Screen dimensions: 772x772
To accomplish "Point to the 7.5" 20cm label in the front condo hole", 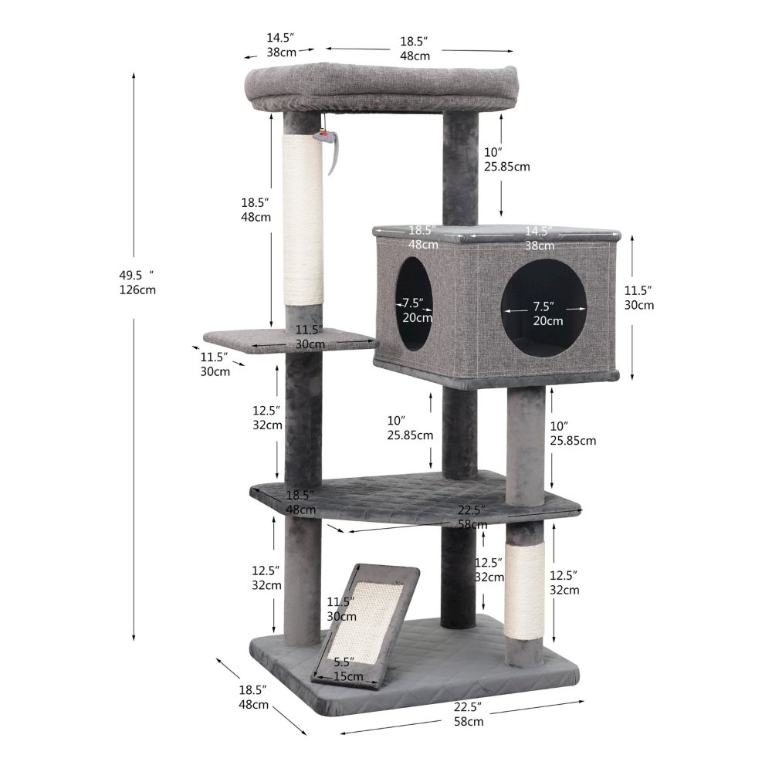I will [547, 313].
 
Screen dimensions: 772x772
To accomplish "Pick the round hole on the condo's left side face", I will [415, 305].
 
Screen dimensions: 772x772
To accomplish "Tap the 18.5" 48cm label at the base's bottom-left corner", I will [254, 696].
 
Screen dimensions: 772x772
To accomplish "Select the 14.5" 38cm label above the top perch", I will [282, 45].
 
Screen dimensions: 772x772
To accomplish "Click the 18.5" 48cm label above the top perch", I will [415, 48].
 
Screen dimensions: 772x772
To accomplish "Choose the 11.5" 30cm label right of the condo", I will [639, 297].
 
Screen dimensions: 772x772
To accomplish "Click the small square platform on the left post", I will [286, 340].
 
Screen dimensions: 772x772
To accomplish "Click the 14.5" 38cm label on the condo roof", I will [540, 239].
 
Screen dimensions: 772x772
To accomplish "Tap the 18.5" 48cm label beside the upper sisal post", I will [256, 209].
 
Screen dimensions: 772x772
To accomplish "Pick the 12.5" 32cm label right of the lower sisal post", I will [564, 582].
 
